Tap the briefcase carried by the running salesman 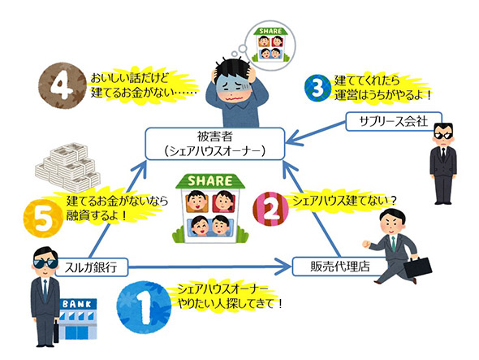419,266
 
